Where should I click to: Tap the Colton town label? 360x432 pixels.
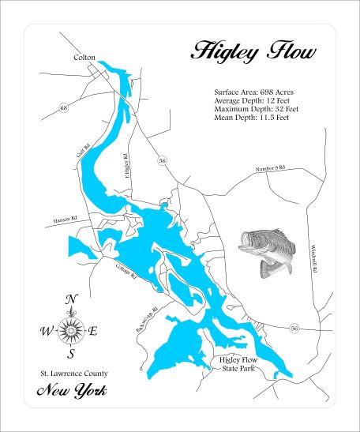pos(84,58)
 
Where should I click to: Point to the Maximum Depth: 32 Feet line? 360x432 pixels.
pos(257,110)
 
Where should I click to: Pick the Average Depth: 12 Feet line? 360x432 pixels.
pos(255,101)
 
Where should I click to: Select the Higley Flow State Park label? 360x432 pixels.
pos(236,365)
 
